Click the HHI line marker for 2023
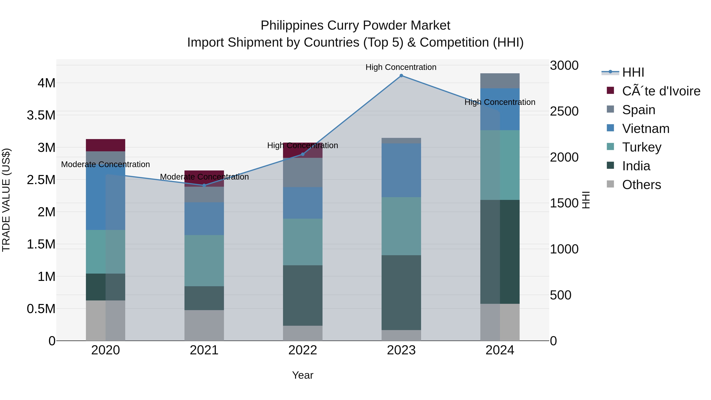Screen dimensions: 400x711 401,76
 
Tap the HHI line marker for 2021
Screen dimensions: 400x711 204,185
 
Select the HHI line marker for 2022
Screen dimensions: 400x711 303,154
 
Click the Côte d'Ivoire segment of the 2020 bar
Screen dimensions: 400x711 105,145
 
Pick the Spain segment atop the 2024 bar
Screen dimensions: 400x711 500,81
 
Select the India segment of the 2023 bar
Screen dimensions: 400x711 401,292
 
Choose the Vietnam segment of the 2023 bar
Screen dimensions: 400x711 401,170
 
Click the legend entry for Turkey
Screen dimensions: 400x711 641,147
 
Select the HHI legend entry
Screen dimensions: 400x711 633,72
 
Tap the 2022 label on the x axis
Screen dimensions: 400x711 303,350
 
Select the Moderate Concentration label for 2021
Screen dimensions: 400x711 204,177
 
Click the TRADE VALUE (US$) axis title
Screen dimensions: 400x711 6,200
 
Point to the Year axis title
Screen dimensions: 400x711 303,375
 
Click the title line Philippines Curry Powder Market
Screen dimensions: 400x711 355,25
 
